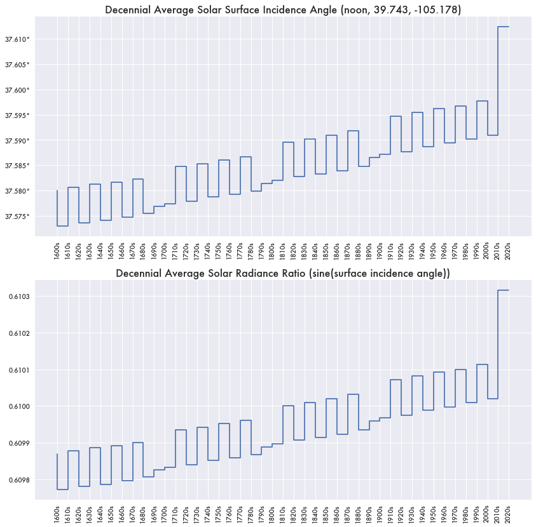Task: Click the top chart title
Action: click(282, 10)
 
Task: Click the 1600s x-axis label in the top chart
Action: click(57, 250)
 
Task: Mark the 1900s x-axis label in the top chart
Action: click(380, 250)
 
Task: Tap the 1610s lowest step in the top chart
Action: click(62, 226)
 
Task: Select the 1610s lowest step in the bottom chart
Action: click(62, 490)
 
